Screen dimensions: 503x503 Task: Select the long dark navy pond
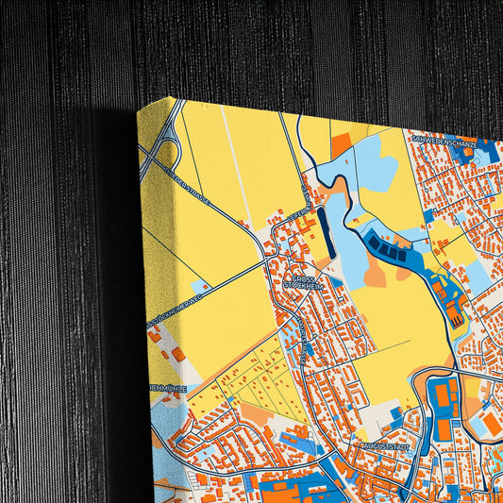(x=324, y=231)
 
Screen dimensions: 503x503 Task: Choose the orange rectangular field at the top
(x=341, y=145)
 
